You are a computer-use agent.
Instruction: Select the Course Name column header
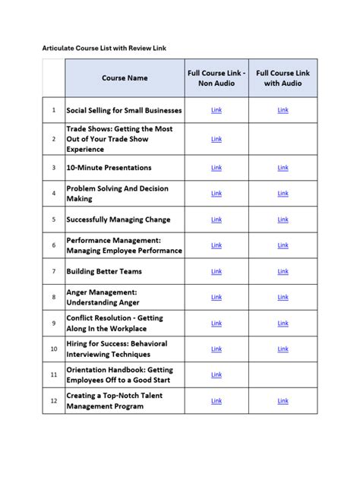tap(125, 78)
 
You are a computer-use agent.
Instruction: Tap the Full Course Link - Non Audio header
tap(216, 78)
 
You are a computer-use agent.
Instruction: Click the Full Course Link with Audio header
tap(283, 78)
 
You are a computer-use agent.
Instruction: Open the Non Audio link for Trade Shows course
tap(216, 140)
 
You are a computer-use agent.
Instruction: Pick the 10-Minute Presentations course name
tap(109, 168)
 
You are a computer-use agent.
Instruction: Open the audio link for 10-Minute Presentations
tap(283, 168)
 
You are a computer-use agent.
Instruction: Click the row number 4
tap(54, 194)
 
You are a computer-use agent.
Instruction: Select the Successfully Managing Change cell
tap(118, 219)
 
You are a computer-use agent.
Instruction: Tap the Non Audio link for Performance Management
tap(216, 245)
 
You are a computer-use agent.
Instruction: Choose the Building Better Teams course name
tap(104, 271)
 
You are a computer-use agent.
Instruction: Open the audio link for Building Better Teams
tap(283, 271)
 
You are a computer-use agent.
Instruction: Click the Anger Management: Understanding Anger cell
tap(103, 297)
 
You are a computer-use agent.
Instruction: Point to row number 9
tap(54, 323)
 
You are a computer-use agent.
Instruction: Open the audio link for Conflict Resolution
tap(283, 323)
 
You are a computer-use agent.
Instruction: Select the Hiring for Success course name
tap(117, 349)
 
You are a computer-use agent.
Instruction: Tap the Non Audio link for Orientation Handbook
tap(216, 374)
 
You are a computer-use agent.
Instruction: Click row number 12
tap(54, 400)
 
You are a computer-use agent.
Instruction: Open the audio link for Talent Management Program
tap(283, 400)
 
